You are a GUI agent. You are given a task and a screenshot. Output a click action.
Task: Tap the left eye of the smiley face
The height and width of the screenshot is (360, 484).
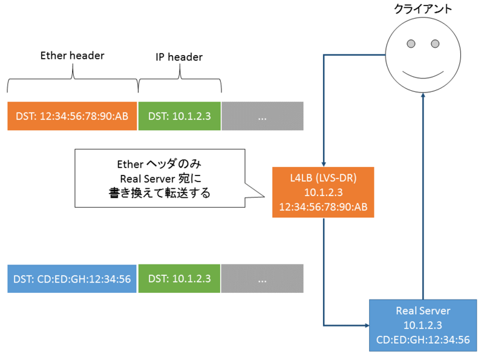tap(411, 44)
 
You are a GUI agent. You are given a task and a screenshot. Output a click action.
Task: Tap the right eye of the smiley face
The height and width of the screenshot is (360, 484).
tap(434, 44)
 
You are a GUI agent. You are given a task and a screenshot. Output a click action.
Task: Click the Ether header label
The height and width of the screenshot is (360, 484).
tap(72, 56)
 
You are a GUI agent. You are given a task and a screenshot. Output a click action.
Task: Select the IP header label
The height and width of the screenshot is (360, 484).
tap(179, 57)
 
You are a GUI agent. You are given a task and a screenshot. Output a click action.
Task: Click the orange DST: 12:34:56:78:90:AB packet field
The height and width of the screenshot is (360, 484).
tap(73, 116)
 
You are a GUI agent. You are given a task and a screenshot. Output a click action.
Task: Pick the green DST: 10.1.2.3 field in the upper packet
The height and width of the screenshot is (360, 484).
tap(179, 116)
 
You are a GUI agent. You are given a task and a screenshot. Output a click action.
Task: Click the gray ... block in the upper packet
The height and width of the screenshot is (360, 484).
tap(262, 116)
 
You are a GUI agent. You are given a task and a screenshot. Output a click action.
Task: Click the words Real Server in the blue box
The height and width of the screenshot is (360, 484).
tap(423, 311)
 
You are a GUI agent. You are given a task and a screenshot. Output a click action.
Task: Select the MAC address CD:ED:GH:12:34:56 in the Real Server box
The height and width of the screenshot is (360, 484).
tap(423, 339)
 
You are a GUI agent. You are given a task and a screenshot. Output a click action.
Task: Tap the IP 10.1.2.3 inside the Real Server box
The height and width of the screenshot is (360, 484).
tap(423, 326)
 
